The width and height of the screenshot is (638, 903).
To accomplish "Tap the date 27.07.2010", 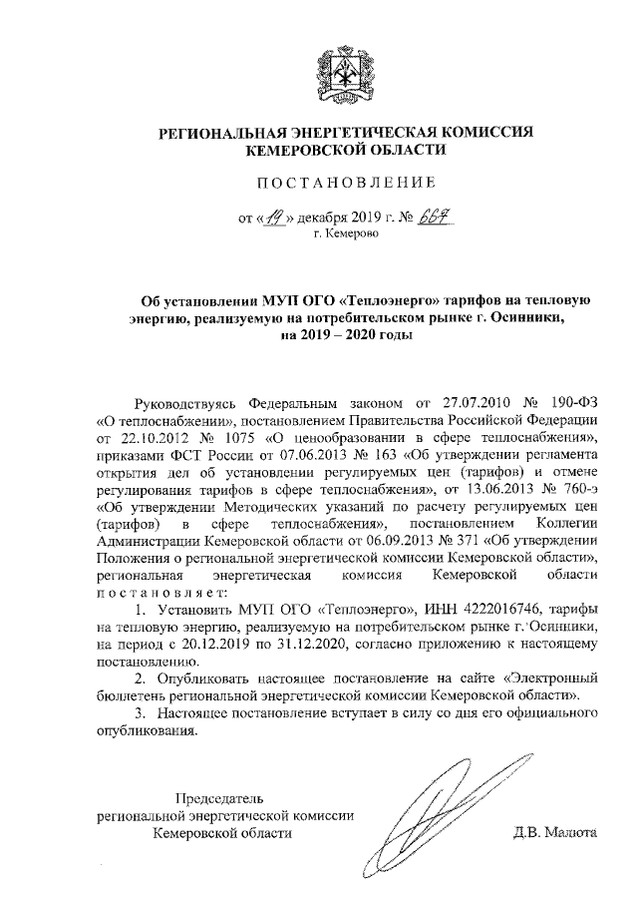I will click(x=471, y=402).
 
